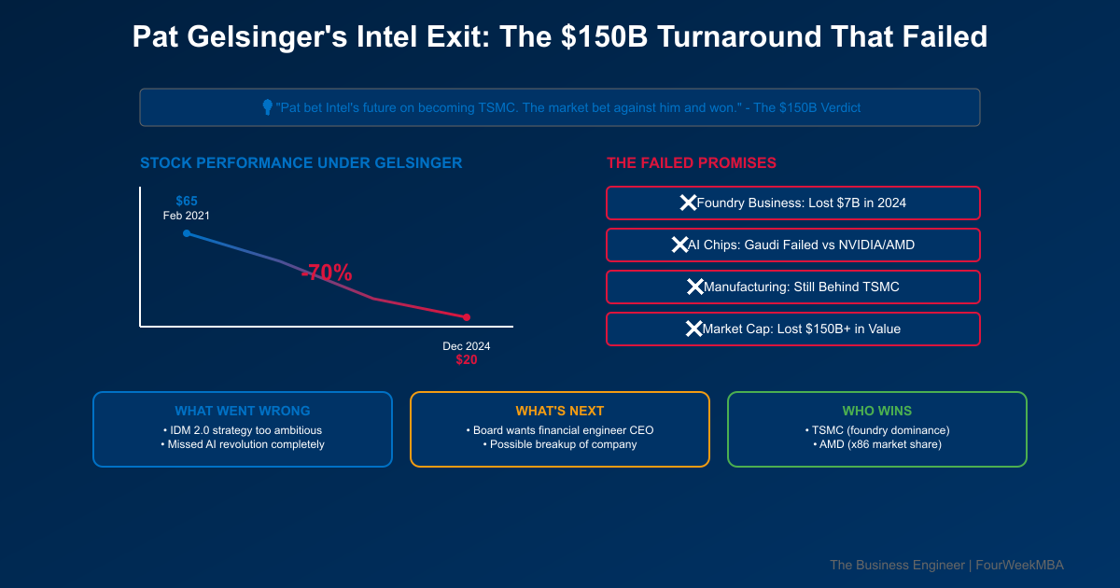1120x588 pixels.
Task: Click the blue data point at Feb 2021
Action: [187, 233]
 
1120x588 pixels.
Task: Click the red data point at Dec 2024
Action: [467, 317]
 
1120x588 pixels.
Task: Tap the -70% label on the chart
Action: [327, 273]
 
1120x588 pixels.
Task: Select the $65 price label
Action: [187, 201]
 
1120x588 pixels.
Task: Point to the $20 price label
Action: [467, 359]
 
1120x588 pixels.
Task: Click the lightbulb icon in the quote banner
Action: [267, 107]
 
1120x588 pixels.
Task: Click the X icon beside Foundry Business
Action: [688, 203]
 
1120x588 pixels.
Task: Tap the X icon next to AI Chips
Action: [679, 245]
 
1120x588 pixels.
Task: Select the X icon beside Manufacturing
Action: [695, 287]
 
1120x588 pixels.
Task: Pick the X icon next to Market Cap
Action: [693, 329]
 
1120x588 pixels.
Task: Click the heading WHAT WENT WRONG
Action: [243, 411]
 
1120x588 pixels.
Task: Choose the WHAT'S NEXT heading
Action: [560, 411]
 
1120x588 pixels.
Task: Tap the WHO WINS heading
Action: [877, 411]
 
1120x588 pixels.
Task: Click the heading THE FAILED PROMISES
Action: [692, 162]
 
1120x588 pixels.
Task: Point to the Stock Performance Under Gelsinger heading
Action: [301, 162]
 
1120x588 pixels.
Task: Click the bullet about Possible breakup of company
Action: [560, 444]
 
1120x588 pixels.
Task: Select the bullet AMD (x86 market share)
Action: [877, 444]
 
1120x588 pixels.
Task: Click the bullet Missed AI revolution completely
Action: [243, 444]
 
